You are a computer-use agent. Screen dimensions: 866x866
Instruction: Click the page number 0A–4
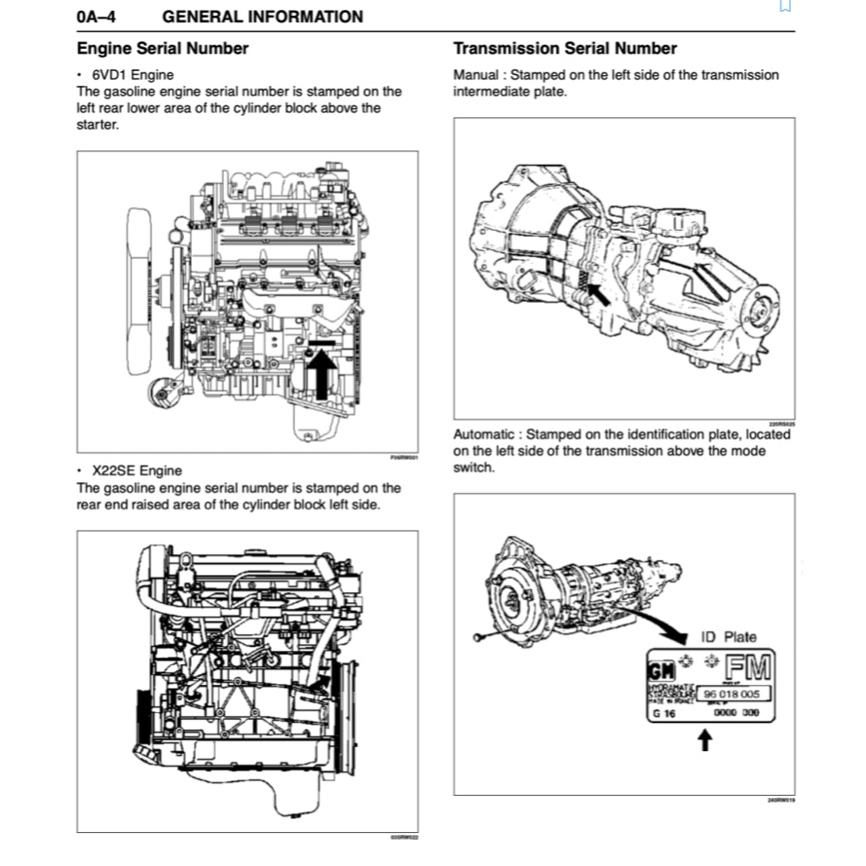click(96, 17)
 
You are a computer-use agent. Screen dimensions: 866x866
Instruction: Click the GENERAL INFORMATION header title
click(262, 17)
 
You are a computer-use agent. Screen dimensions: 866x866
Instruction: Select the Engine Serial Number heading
click(162, 48)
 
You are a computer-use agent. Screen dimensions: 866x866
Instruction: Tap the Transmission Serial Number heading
click(565, 48)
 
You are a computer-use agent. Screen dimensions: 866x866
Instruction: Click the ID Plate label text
click(729, 637)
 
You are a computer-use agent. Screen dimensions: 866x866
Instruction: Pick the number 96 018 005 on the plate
click(732, 694)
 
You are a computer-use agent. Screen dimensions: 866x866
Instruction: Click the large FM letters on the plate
click(748, 669)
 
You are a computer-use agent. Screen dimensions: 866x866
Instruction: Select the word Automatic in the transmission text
click(483, 434)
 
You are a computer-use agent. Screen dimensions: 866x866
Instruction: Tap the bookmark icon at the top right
click(785, 5)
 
